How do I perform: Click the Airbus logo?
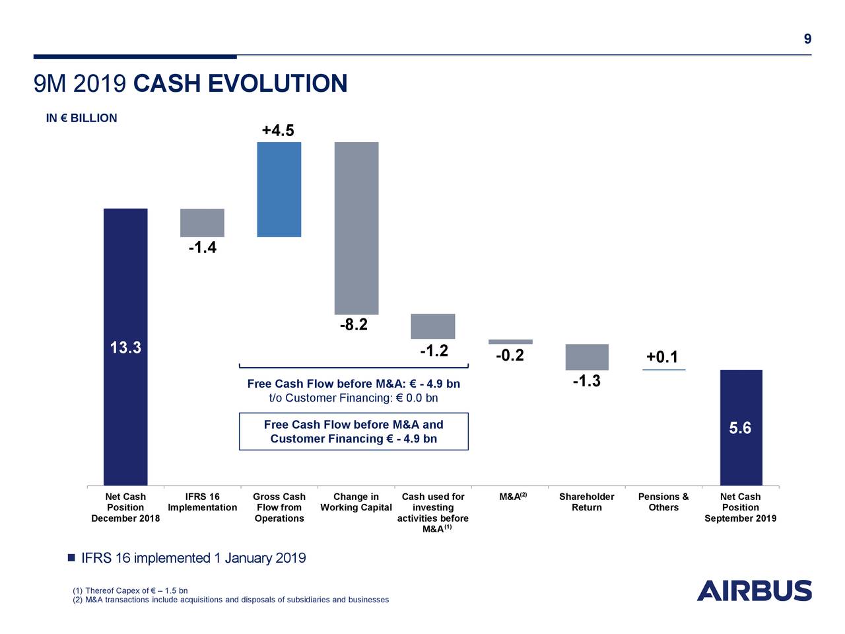pyautogui.click(x=754, y=590)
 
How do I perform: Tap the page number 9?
pyautogui.click(x=807, y=39)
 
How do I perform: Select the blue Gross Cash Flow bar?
pyautogui.click(x=279, y=190)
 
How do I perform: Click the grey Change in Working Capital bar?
pyautogui.click(x=356, y=228)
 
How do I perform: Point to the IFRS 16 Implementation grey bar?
pyautogui.click(x=202, y=223)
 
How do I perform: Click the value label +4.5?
pyautogui.click(x=278, y=130)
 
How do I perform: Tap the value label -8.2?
pyautogui.click(x=354, y=325)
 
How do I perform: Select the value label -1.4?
pyautogui.click(x=202, y=248)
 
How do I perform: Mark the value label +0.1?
pyautogui.click(x=662, y=357)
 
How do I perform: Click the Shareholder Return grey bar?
pyautogui.click(x=587, y=357)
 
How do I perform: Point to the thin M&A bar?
pyautogui.click(x=510, y=341)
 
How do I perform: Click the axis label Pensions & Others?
pyautogui.click(x=663, y=502)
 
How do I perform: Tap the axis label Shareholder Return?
pyautogui.click(x=586, y=502)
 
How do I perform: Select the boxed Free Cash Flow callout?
pyautogui.click(x=353, y=431)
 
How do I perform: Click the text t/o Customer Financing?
pyautogui.click(x=353, y=398)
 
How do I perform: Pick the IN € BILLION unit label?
pyautogui.click(x=81, y=118)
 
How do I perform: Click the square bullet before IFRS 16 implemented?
pyautogui.click(x=71, y=558)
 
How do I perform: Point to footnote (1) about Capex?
pyautogui.click(x=130, y=590)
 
